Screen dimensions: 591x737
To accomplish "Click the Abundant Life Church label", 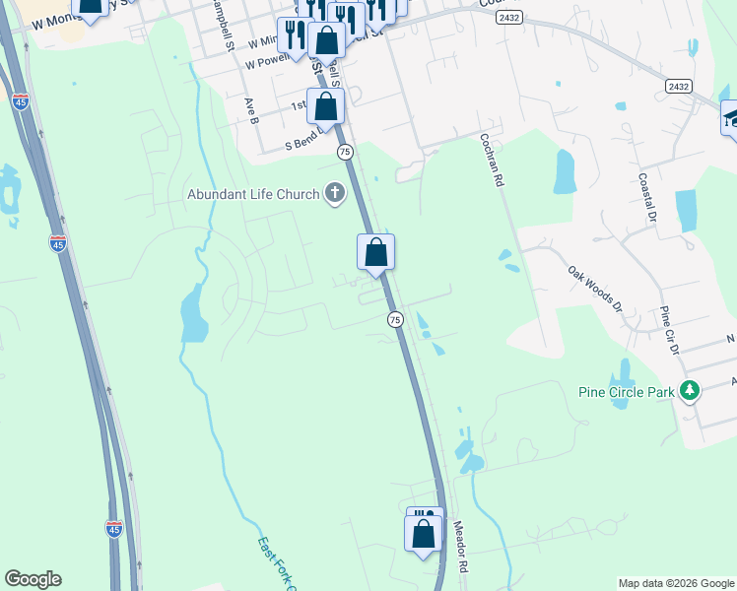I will coord(253,194).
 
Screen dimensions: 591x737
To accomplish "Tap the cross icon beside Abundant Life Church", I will coord(335,193).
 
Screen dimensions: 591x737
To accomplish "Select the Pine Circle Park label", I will coord(626,391).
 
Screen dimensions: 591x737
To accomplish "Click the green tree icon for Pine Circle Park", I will coord(690,391).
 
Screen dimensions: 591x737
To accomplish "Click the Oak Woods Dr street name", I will coord(595,288).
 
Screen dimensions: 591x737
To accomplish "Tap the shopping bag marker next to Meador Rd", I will coord(423,534).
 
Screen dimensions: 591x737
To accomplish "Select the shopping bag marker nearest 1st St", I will coord(325,106).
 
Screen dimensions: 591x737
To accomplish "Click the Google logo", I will coord(33,579).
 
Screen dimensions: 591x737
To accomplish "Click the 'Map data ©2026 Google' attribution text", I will coord(675,583).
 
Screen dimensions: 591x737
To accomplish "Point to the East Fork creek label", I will coord(277,562).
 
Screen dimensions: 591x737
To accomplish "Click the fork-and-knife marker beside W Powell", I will coord(294,36).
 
